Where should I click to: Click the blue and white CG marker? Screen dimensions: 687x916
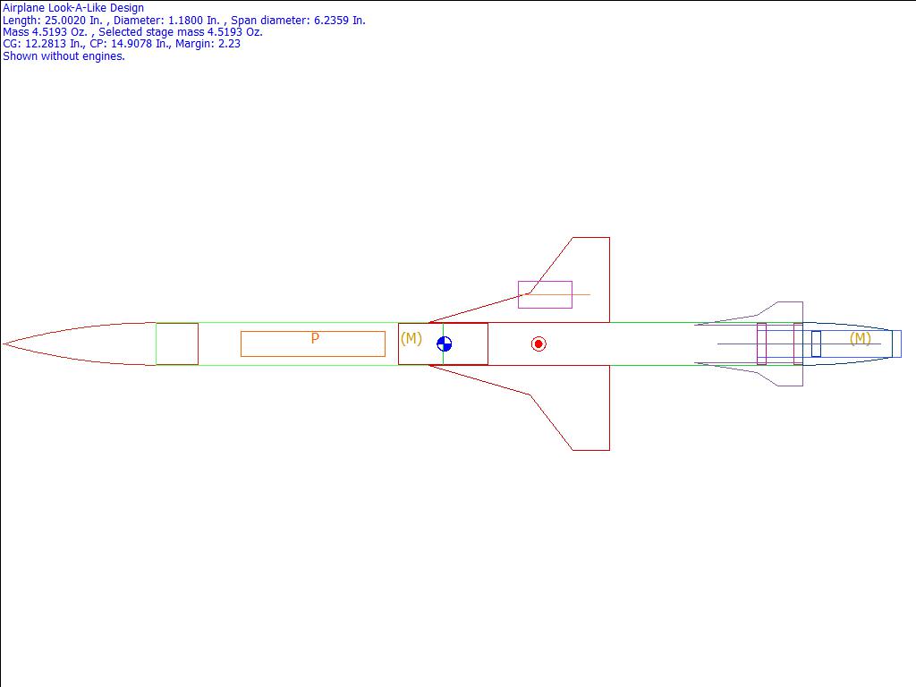(444, 344)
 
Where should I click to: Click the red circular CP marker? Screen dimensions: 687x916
(539, 344)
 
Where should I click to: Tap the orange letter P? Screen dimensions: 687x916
(315, 339)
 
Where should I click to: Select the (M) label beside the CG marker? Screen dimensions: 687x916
(411, 338)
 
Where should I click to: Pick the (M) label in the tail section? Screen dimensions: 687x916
(860, 338)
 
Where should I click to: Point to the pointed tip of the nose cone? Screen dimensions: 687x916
(4, 343)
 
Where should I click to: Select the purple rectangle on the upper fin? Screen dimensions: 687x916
(545, 294)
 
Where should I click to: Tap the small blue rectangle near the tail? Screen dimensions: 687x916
(816, 343)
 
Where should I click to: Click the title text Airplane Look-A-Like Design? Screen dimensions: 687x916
(73, 8)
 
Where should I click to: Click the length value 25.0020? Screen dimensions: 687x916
(67, 20)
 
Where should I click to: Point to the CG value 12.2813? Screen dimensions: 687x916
(47, 44)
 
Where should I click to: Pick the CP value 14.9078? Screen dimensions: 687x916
(135, 44)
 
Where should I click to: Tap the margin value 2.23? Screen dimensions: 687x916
(229, 44)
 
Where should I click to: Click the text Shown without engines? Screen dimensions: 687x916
(64, 55)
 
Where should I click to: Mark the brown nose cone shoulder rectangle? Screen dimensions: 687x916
(177, 344)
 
